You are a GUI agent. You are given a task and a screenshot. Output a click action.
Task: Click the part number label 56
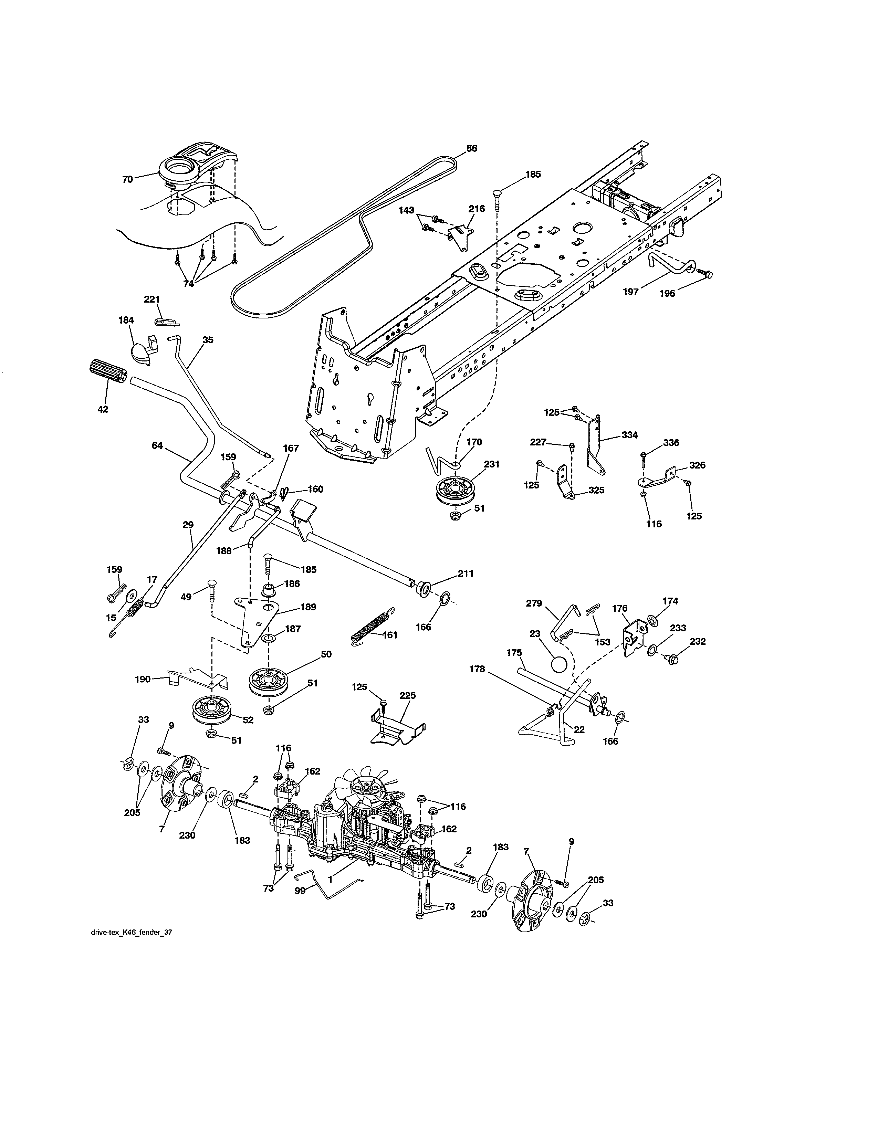tap(471, 148)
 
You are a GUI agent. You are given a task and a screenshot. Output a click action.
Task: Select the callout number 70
tap(127, 179)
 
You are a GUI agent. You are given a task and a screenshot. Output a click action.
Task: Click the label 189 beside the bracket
tap(308, 607)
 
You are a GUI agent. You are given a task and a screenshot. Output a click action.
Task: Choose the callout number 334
tap(629, 435)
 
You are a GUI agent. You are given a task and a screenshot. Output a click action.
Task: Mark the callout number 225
tap(408, 695)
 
